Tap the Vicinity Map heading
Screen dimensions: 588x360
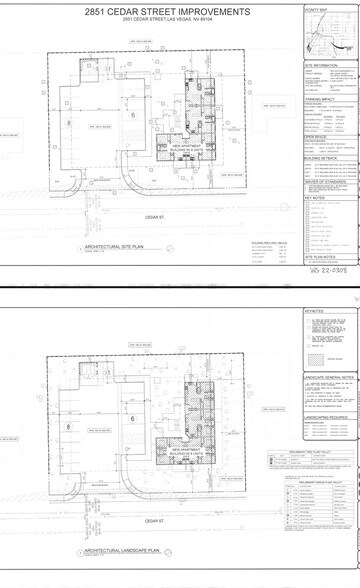click(x=316, y=10)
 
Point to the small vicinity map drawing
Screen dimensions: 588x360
click(x=330, y=36)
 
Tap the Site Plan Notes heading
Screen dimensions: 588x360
click(x=319, y=257)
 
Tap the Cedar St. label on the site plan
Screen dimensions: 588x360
click(x=152, y=217)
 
